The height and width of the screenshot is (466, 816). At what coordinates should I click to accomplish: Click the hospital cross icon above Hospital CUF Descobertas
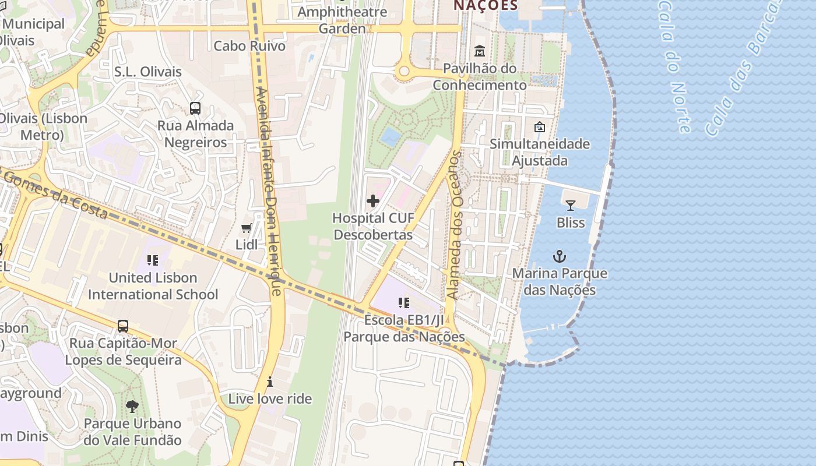[373, 202]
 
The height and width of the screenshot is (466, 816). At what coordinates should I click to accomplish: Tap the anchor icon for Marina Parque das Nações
[560, 256]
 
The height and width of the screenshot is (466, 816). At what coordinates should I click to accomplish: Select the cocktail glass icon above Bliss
[571, 205]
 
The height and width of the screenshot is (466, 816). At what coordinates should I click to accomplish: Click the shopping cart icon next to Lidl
[247, 228]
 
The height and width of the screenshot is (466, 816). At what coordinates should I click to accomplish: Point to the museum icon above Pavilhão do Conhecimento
[480, 51]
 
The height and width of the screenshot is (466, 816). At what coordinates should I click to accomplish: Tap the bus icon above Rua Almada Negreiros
[195, 108]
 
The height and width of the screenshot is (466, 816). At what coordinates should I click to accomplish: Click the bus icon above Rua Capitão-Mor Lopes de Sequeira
[123, 326]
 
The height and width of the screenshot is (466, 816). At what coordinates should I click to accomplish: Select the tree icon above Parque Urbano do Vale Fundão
[132, 406]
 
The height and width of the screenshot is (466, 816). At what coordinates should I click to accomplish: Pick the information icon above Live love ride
[270, 382]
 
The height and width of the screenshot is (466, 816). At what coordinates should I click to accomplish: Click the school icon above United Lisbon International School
[153, 260]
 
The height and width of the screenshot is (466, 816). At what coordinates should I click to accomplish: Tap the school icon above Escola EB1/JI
[403, 303]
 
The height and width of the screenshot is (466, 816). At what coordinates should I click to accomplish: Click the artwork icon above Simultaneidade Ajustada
[540, 126]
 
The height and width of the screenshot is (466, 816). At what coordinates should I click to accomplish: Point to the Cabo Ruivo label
[249, 45]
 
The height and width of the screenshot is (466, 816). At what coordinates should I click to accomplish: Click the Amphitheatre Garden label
[342, 20]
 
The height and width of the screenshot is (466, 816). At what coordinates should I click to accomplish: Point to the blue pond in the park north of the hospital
[390, 137]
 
